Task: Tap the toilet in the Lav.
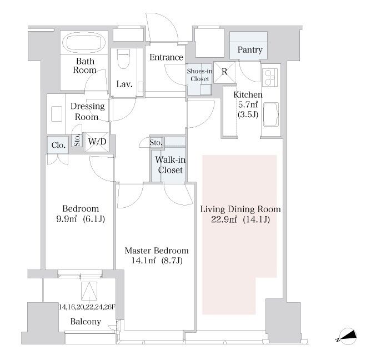click(123, 58)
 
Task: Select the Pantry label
click(250, 50)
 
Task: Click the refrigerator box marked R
click(224, 72)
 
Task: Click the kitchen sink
click(271, 114)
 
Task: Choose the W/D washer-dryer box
click(97, 142)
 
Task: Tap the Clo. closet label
click(58, 145)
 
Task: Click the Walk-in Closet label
click(171, 165)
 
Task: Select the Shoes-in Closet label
click(199, 75)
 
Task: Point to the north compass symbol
click(348, 337)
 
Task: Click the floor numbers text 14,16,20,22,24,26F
click(87, 307)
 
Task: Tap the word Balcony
click(86, 322)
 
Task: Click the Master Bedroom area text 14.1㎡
click(143, 261)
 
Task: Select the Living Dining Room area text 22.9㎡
click(224, 219)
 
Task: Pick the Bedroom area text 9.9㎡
click(67, 219)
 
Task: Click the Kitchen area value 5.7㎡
click(248, 104)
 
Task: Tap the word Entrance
click(166, 57)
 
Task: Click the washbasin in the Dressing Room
click(57, 114)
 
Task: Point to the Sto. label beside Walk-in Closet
click(156, 142)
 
